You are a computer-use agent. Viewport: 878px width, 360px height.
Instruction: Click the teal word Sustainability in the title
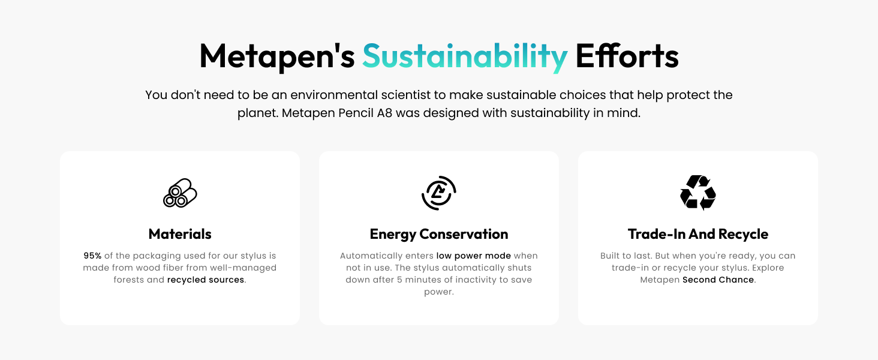coord(465,56)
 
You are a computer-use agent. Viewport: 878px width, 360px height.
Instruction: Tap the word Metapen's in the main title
coord(277,56)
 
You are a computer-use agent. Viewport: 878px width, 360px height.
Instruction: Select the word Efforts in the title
coord(627,56)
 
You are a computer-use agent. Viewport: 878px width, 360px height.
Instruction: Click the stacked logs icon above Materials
coord(180,193)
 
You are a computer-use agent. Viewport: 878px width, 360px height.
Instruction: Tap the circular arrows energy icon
coord(438,193)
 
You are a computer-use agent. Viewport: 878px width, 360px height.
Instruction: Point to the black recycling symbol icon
coord(697,193)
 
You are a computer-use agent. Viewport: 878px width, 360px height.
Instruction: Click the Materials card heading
coord(180,234)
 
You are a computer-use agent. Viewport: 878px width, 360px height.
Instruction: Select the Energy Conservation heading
coord(438,234)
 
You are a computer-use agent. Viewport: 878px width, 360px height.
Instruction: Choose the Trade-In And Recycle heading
coord(697,234)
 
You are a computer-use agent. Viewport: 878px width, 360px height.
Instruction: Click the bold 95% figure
coord(92,256)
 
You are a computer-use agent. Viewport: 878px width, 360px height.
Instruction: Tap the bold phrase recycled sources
coord(206,280)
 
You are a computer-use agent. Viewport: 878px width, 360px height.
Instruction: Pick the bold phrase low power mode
coord(473,256)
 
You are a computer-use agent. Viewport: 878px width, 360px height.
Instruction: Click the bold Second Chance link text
coord(718,280)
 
